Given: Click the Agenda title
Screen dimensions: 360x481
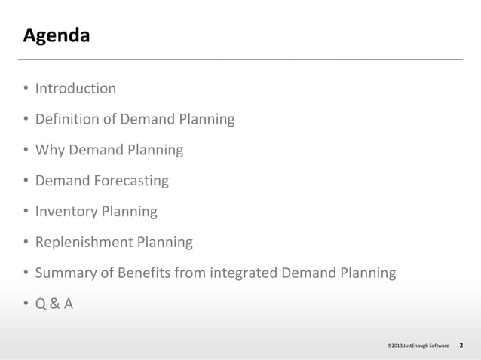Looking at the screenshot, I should [57, 35].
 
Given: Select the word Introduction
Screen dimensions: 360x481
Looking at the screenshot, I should [76, 89].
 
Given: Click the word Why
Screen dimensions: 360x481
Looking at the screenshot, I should [50, 150].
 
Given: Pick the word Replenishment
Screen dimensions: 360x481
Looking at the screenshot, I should [84, 243].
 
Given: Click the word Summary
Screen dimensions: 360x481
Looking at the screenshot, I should [66, 273].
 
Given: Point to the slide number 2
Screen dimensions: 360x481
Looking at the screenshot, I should [461, 346].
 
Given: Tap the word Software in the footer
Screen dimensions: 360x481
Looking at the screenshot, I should [440, 346].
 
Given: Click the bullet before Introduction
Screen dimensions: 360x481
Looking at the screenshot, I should [26, 90].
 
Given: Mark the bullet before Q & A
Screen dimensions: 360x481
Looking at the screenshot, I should [26, 305].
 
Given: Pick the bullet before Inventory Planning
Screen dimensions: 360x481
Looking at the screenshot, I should [26, 212].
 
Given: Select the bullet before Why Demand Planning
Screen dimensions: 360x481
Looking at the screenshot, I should [26, 151].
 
